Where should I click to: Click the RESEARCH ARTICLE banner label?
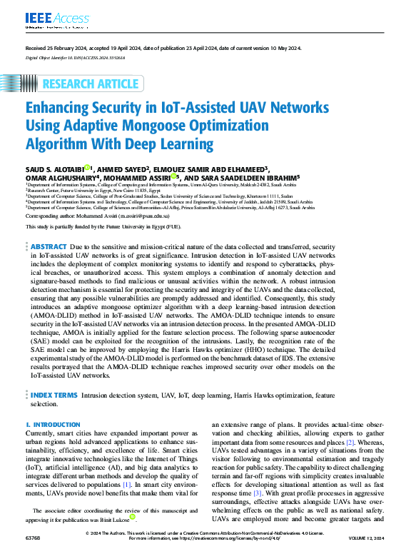(90, 84)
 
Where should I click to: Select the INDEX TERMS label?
(54, 394)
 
